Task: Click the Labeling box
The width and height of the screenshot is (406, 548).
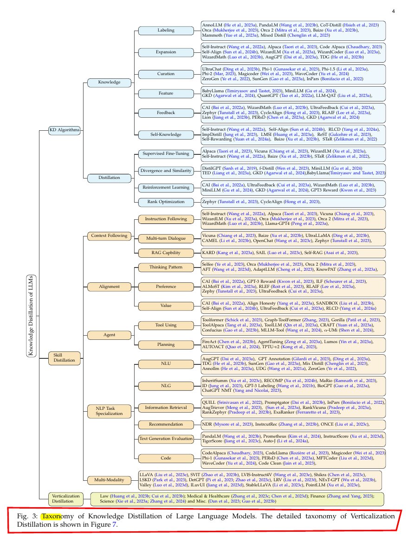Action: click(166, 31)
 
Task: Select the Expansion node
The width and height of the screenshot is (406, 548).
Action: click(166, 52)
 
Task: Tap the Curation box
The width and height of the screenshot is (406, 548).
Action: click(166, 74)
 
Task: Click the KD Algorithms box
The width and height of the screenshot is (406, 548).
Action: click(64, 130)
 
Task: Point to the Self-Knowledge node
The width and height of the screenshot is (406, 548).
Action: click(166, 134)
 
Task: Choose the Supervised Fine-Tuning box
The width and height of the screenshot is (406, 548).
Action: click(166, 153)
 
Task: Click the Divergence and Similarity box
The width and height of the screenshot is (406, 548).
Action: click(166, 171)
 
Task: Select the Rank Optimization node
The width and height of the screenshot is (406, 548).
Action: click(166, 202)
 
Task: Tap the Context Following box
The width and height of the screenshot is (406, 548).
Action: click(109, 236)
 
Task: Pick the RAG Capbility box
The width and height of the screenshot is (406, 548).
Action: click(166, 253)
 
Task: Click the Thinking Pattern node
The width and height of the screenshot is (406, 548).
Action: click(166, 268)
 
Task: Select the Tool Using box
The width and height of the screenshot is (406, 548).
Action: click(166, 325)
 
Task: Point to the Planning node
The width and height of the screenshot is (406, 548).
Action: click(166, 345)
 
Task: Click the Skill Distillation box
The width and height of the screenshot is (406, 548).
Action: click(64, 358)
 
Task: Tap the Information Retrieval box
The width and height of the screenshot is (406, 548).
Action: click(166, 408)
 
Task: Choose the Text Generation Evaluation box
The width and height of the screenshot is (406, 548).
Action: click(166, 438)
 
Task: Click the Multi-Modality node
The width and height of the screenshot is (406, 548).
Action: click(109, 480)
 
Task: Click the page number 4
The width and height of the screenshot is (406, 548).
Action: click(393, 11)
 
